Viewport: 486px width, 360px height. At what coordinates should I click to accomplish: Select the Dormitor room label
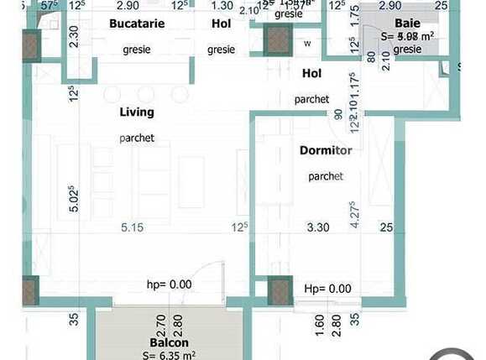(x=325, y=151)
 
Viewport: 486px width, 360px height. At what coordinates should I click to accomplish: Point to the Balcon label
(x=169, y=342)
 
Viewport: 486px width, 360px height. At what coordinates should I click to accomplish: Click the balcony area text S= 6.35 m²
(x=170, y=354)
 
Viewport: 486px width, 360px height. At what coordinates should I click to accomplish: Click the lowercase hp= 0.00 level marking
(x=170, y=285)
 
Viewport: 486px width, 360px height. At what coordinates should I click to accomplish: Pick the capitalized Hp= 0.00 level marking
(x=327, y=289)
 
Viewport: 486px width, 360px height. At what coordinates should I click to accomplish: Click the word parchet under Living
(x=136, y=138)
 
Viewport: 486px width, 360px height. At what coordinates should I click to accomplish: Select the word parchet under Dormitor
(x=325, y=176)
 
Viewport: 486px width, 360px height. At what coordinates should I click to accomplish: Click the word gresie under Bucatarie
(x=137, y=50)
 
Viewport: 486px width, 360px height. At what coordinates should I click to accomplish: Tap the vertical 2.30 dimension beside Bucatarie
(x=74, y=38)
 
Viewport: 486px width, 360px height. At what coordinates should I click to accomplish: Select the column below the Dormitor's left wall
(x=279, y=291)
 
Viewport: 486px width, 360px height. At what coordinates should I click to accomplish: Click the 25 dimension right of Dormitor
(x=386, y=227)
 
